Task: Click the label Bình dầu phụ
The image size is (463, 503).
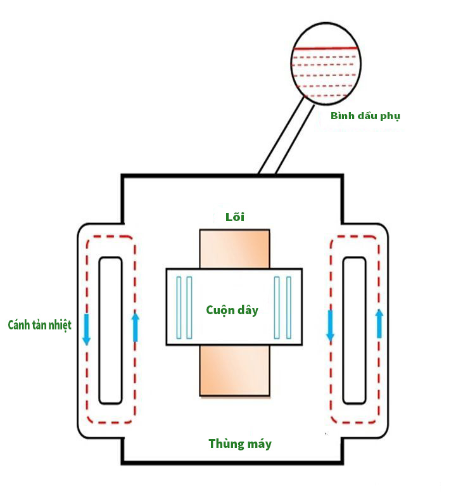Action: pyautogui.click(x=365, y=116)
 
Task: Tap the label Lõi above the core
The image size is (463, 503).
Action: pyautogui.click(x=234, y=217)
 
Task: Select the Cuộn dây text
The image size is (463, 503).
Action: pyautogui.click(x=232, y=310)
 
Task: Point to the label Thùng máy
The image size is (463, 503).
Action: pyautogui.click(x=240, y=443)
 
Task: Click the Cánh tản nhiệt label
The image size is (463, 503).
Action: pyautogui.click(x=39, y=325)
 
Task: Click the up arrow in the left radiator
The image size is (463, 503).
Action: pyautogui.click(x=136, y=326)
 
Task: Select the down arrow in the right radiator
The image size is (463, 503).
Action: pyautogui.click(x=330, y=325)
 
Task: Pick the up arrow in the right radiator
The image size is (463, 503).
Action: pyautogui.click(x=379, y=323)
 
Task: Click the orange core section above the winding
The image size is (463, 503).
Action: pyautogui.click(x=234, y=248)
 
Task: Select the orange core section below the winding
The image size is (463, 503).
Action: pyautogui.click(x=234, y=371)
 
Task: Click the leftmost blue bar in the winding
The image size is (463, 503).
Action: pyautogui.click(x=179, y=307)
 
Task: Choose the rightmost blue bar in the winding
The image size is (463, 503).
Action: pyautogui.click(x=289, y=307)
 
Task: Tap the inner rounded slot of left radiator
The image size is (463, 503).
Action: pyautogui.click(x=110, y=329)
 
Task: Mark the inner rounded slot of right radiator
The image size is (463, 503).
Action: pyautogui.click(x=354, y=329)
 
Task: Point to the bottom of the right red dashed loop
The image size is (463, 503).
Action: pyautogui.click(x=355, y=422)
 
